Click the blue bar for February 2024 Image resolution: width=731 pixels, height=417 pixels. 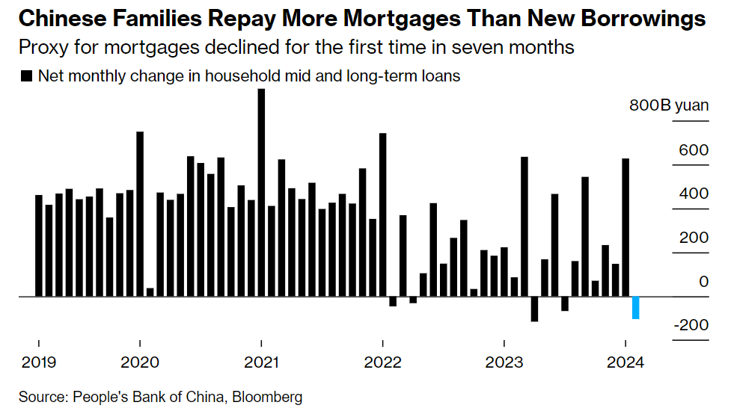[x=636, y=307]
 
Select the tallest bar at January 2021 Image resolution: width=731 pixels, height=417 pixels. [x=261, y=193]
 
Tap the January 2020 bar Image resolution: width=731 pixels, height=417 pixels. [x=140, y=214]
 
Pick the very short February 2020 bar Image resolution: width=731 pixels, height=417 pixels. [x=150, y=292]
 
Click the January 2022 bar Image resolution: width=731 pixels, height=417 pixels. [x=382, y=214]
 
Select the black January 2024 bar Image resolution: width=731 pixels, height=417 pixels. [x=626, y=227]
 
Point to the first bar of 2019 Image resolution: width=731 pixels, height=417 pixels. [x=39, y=245]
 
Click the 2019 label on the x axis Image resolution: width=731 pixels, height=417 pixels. [x=37, y=362]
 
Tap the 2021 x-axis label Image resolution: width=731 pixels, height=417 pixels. [x=260, y=362]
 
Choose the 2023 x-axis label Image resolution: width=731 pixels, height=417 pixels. [x=504, y=362]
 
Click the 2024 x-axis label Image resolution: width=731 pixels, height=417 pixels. [x=625, y=362]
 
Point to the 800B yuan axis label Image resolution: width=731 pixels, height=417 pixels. [x=668, y=105]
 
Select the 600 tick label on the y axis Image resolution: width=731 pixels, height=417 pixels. [x=693, y=150]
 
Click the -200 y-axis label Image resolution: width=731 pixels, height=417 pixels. [x=690, y=325]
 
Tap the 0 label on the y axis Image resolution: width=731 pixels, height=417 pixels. [x=703, y=282]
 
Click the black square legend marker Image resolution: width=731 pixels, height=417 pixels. [x=28, y=76]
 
